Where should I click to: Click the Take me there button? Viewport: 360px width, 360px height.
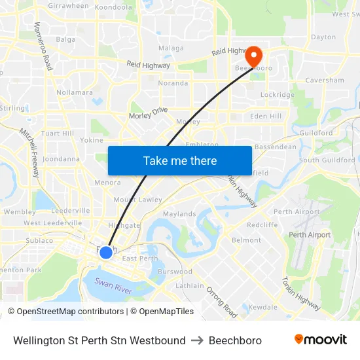click(x=180, y=160)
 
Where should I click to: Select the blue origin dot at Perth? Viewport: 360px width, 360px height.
click(x=106, y=252)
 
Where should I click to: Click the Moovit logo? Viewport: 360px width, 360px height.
click(x=320, y=340)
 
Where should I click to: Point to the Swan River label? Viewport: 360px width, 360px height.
click(x=114, y=285)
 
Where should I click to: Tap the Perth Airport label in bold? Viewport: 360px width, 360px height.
click(x=310, y=235)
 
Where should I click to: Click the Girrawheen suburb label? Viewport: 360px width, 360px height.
click(x=68, y=5)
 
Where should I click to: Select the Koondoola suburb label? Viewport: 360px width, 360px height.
click(x=113, y=6)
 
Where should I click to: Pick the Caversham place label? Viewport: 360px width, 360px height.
click(x=325, y=81)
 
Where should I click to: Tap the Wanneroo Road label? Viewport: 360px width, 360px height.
click(x=43, y=46)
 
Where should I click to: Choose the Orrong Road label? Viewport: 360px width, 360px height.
click(x=221, y=301)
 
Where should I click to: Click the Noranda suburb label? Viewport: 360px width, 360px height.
click(x=173, y=83)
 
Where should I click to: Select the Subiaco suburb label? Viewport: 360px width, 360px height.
click(x=39, y=240)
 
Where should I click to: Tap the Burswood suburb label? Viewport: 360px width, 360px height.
click(x=175, y=271)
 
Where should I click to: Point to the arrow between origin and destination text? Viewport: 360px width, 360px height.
click(x=197, y=340)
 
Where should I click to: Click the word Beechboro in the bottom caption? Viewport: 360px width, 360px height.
click(x=235, y=340)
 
